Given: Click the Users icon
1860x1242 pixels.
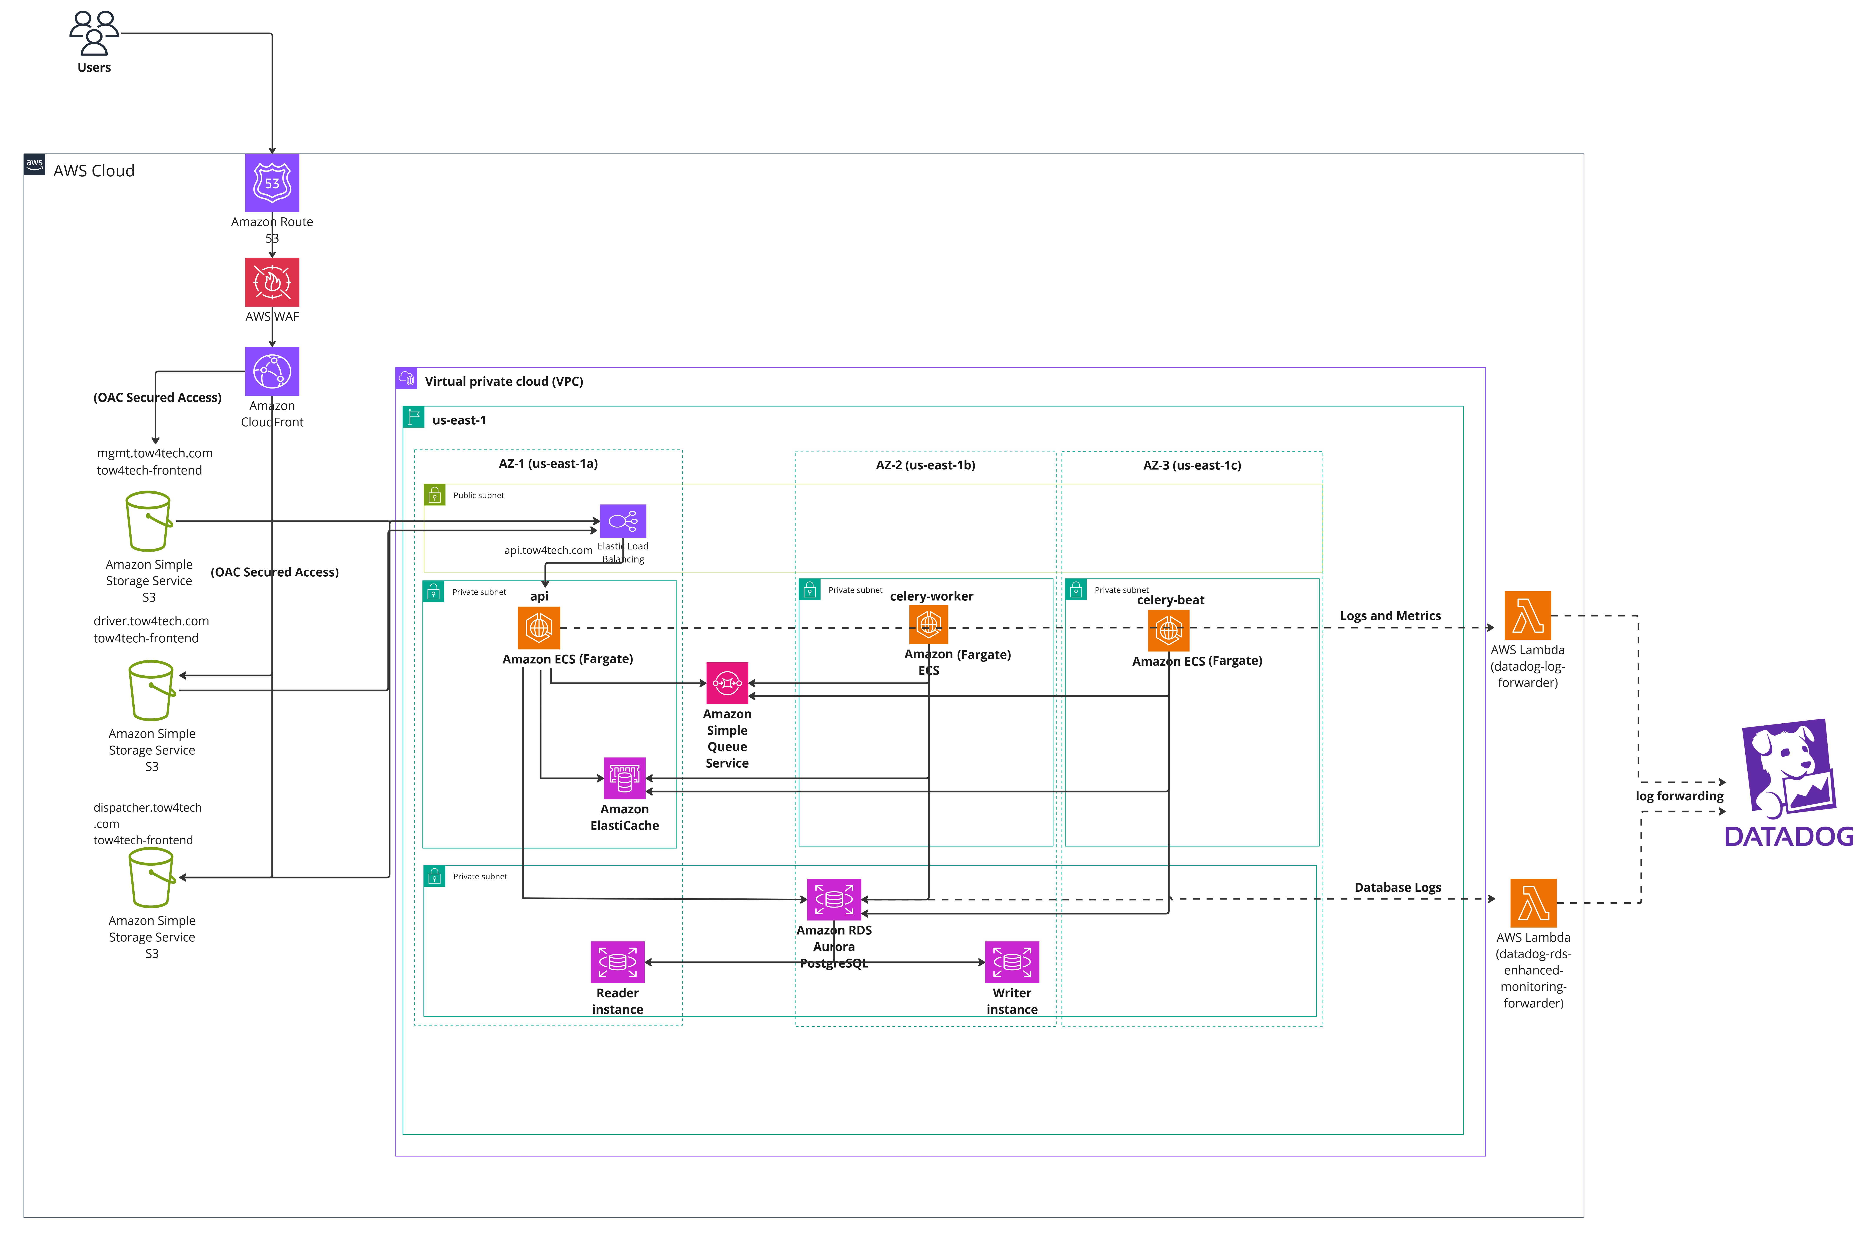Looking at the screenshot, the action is click(x=94, y=33).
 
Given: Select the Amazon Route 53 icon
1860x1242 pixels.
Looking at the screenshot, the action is click(x=272, y=183).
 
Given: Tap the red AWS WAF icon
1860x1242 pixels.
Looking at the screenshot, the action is click(x=272, y=282).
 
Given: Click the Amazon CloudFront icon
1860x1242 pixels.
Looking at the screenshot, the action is click(x=272, y=372).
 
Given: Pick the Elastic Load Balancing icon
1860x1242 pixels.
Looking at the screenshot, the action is click(x=623, y=521).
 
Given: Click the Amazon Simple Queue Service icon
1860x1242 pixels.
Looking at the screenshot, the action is click(x=727, y=683).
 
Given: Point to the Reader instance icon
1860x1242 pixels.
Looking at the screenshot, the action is click(x=618, y=962).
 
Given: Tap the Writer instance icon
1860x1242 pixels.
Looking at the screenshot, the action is click(x=1012, y=962).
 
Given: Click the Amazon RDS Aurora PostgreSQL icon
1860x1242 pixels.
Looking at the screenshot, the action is click(x=834, y=899).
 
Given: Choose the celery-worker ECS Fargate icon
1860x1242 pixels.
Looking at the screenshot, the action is click(x=929, y=625).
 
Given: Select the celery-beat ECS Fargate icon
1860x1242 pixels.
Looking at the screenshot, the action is click(x=1169, y=630).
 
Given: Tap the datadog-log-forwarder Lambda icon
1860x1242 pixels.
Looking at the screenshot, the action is click(x=1527, y=615).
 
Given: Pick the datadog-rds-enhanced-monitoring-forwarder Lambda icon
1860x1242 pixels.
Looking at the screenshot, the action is click(x=1534, y=902).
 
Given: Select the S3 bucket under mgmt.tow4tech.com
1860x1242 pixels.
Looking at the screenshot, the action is click(x=149, y=521).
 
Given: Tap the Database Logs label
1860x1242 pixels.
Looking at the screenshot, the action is click(x=1397, y=887).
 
